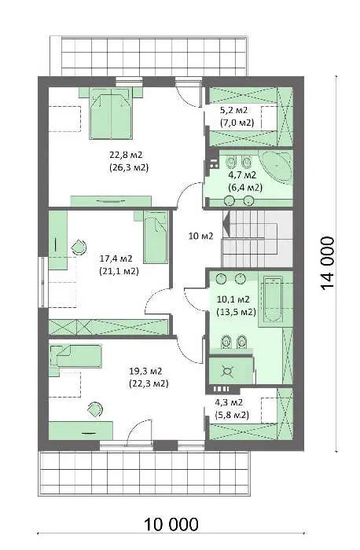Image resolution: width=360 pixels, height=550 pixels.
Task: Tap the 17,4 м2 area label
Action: pos(116,258)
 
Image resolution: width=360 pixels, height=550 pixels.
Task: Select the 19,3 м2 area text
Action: pos(145,371)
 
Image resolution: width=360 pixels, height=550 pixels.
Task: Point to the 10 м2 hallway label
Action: pos(200,236)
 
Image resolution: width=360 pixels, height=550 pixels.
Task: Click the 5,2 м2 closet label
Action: pos(233,110)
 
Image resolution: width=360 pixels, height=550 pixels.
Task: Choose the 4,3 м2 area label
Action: pos(229,402)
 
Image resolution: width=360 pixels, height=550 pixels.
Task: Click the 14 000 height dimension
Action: pos(327,263)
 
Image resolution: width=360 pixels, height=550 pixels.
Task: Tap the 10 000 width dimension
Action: pos(171,524)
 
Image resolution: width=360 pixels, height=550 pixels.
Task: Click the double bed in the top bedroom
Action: pos(112,113)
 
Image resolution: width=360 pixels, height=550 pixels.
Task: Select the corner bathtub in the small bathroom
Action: pos(277,167)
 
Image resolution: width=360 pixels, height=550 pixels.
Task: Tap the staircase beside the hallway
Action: pos(257,238)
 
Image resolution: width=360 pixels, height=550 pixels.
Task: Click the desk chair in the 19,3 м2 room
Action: pos(95,409)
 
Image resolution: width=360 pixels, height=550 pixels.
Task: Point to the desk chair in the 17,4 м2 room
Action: pos(79,247)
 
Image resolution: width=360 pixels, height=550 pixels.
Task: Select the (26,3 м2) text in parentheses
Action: pos(129,167)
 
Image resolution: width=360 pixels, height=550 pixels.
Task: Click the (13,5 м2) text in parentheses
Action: pos(237,311)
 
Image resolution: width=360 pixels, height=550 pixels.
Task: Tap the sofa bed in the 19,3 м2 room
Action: pos(76,357)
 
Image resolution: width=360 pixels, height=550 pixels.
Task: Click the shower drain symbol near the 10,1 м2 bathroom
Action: pos(227,371)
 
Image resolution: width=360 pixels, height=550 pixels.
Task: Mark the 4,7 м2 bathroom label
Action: pos(242,174)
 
